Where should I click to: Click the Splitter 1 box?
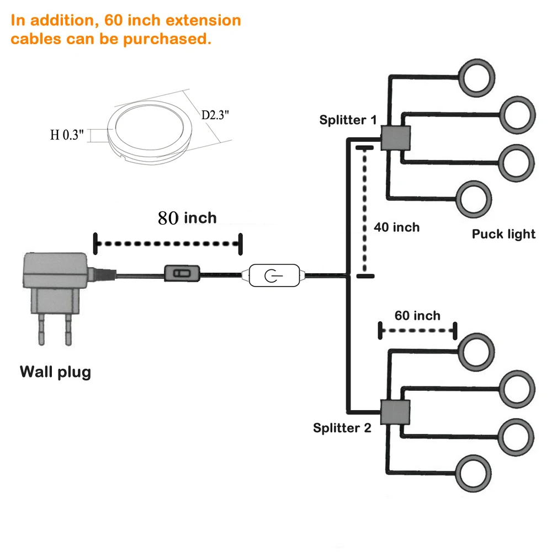[x=396, y=137]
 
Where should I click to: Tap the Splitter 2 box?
[x=396, y=412]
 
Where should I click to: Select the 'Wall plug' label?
[x=55, y=372]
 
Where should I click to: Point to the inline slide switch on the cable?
[x=181, y=273]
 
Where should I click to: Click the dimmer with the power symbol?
[x=274, y=275]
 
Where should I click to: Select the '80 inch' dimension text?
[x=187, y=217]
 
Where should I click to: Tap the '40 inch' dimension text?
[x=396, y=227]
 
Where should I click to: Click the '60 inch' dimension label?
[x=417, y=316]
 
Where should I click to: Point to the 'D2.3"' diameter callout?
[x=215, y=115]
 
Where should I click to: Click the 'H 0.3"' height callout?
[x=67, y=134]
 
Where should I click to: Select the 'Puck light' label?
[x=503, y=234]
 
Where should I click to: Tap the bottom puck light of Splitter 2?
[x=474, y=474]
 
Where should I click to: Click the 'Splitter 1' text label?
[x=348, y=120]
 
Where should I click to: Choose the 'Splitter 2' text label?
[x=342, y=428]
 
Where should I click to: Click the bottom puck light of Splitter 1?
[x=474, y=199]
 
